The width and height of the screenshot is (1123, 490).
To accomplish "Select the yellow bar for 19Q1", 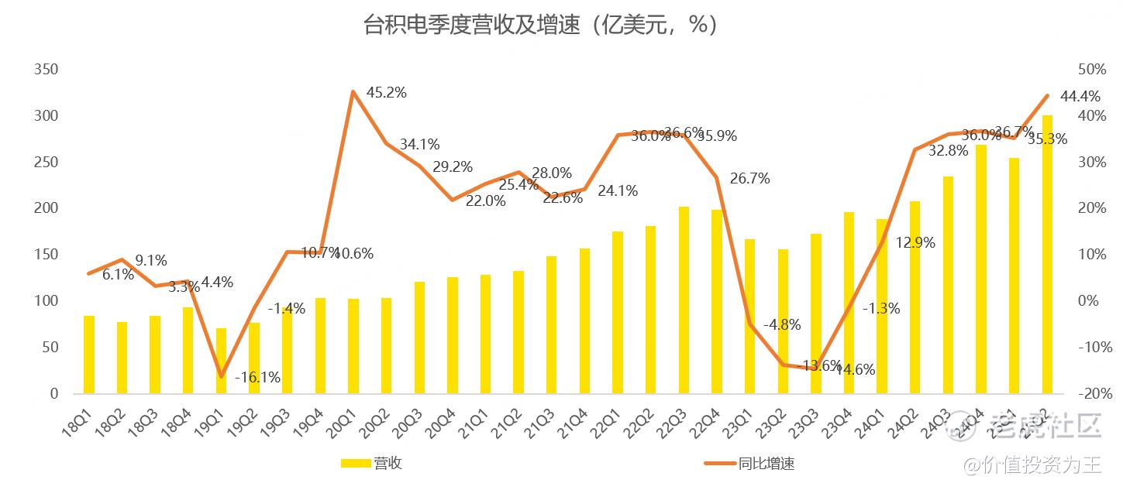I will (222, 362).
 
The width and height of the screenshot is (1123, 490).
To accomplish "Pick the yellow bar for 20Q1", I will (353, 346).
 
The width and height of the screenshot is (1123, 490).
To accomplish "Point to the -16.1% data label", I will (257, 378).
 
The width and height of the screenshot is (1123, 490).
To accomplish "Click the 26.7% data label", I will (749, 179).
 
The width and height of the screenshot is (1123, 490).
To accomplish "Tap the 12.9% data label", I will (915, 242).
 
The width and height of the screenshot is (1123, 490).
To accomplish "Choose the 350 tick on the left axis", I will (47, 70).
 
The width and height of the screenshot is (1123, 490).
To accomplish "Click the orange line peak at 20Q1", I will (353, 91).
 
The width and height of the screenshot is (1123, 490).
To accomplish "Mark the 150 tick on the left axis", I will (47, 255).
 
